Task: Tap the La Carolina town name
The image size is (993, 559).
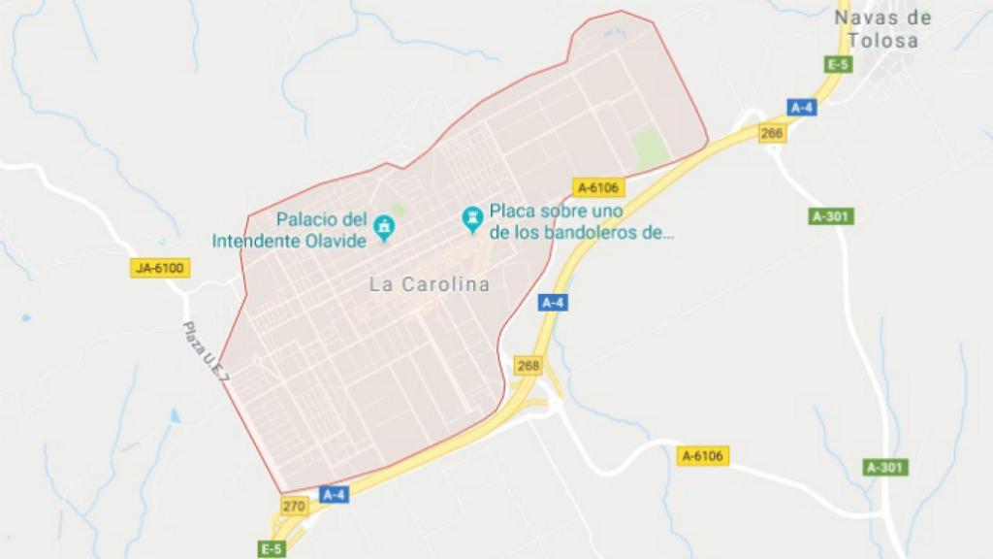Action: click(x=430, y=284)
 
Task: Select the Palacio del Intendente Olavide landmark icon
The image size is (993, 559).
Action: click(x=385, y=227)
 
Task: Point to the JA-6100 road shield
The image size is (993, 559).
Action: click(x=160, y=267)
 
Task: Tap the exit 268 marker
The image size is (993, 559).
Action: click(x=529, y=366)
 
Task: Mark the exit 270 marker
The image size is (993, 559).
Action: click(x=294, y=506)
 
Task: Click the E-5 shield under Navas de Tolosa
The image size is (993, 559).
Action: click(x=838, y=64)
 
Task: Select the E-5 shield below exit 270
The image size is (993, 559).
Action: click(x=272, y=549)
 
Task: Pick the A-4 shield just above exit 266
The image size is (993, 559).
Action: click(x=802, y=108)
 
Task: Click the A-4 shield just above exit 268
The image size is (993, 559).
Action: click(x=553, y=303)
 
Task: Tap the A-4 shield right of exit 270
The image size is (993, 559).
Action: click(x=334, y=495)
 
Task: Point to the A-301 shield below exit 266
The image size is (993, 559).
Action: click(x=832, y=215)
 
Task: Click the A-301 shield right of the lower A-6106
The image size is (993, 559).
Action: click(x=886, y=468)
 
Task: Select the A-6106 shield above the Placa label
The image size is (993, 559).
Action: click(x=597, y=187)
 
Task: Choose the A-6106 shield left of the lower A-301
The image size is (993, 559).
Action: click(x=704, y=454)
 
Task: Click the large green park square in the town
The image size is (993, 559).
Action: click(x=649, y=148)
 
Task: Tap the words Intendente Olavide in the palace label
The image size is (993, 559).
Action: click(x=290, y=239)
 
